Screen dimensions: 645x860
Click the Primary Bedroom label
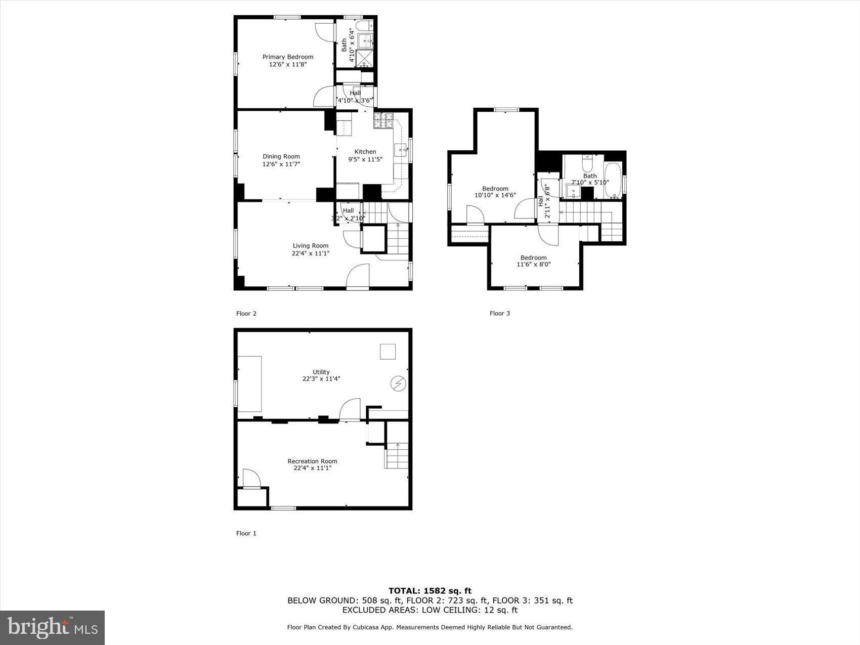click(287, 57)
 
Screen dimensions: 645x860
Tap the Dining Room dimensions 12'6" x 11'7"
click(281, 164)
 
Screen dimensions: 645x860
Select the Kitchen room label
click(365, 152)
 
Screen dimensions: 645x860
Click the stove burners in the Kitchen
click(383, 120)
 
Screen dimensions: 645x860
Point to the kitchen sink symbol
click(401, 150)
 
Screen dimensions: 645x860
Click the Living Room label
click(310, 246)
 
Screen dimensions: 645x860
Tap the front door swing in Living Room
click(358, 276)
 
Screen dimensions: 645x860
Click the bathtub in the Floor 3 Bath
click(613, 180)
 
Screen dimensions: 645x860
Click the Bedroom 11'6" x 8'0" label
click(533, 257)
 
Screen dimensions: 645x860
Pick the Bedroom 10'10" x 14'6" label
click(495, 189)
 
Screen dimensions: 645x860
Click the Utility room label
click(321, 372)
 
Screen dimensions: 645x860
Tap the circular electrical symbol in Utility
click(398, 384)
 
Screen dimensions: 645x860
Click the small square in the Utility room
click(388, 352)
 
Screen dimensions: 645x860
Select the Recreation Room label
click(312, 461)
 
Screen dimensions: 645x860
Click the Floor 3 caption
click(499, 313)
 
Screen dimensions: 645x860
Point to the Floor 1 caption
click(246, 533)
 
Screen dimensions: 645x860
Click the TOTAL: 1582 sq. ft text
click(429, 590)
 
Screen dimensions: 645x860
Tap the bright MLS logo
click(53, 628)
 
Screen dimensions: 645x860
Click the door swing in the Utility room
click(350, 410)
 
